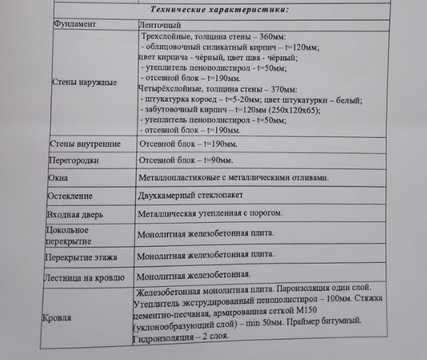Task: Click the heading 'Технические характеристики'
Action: click(x=219, y=9)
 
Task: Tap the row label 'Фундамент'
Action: click(x=74, y=24)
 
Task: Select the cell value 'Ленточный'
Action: click(x=160, y=25)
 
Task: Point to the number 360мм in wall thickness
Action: click(x=271, y=37)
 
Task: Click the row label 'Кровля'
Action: click(x=57, y=318)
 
